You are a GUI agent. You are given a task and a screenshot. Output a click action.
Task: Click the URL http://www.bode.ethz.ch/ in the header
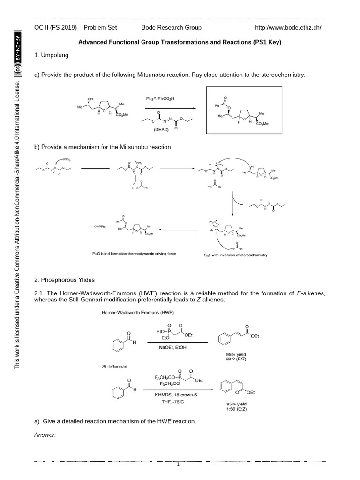pos(288,27)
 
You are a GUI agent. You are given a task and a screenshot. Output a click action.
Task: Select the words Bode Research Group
pos(172,27)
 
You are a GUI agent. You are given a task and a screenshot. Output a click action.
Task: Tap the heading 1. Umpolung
pos(52,55)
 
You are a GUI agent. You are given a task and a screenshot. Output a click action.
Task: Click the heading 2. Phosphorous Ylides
pos(65,280)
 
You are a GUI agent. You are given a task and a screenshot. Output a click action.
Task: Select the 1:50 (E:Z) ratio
pos(240,409)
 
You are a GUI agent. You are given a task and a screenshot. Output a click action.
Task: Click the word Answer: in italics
pos(45,435)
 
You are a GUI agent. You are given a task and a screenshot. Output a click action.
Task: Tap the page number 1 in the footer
pos(178,465)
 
